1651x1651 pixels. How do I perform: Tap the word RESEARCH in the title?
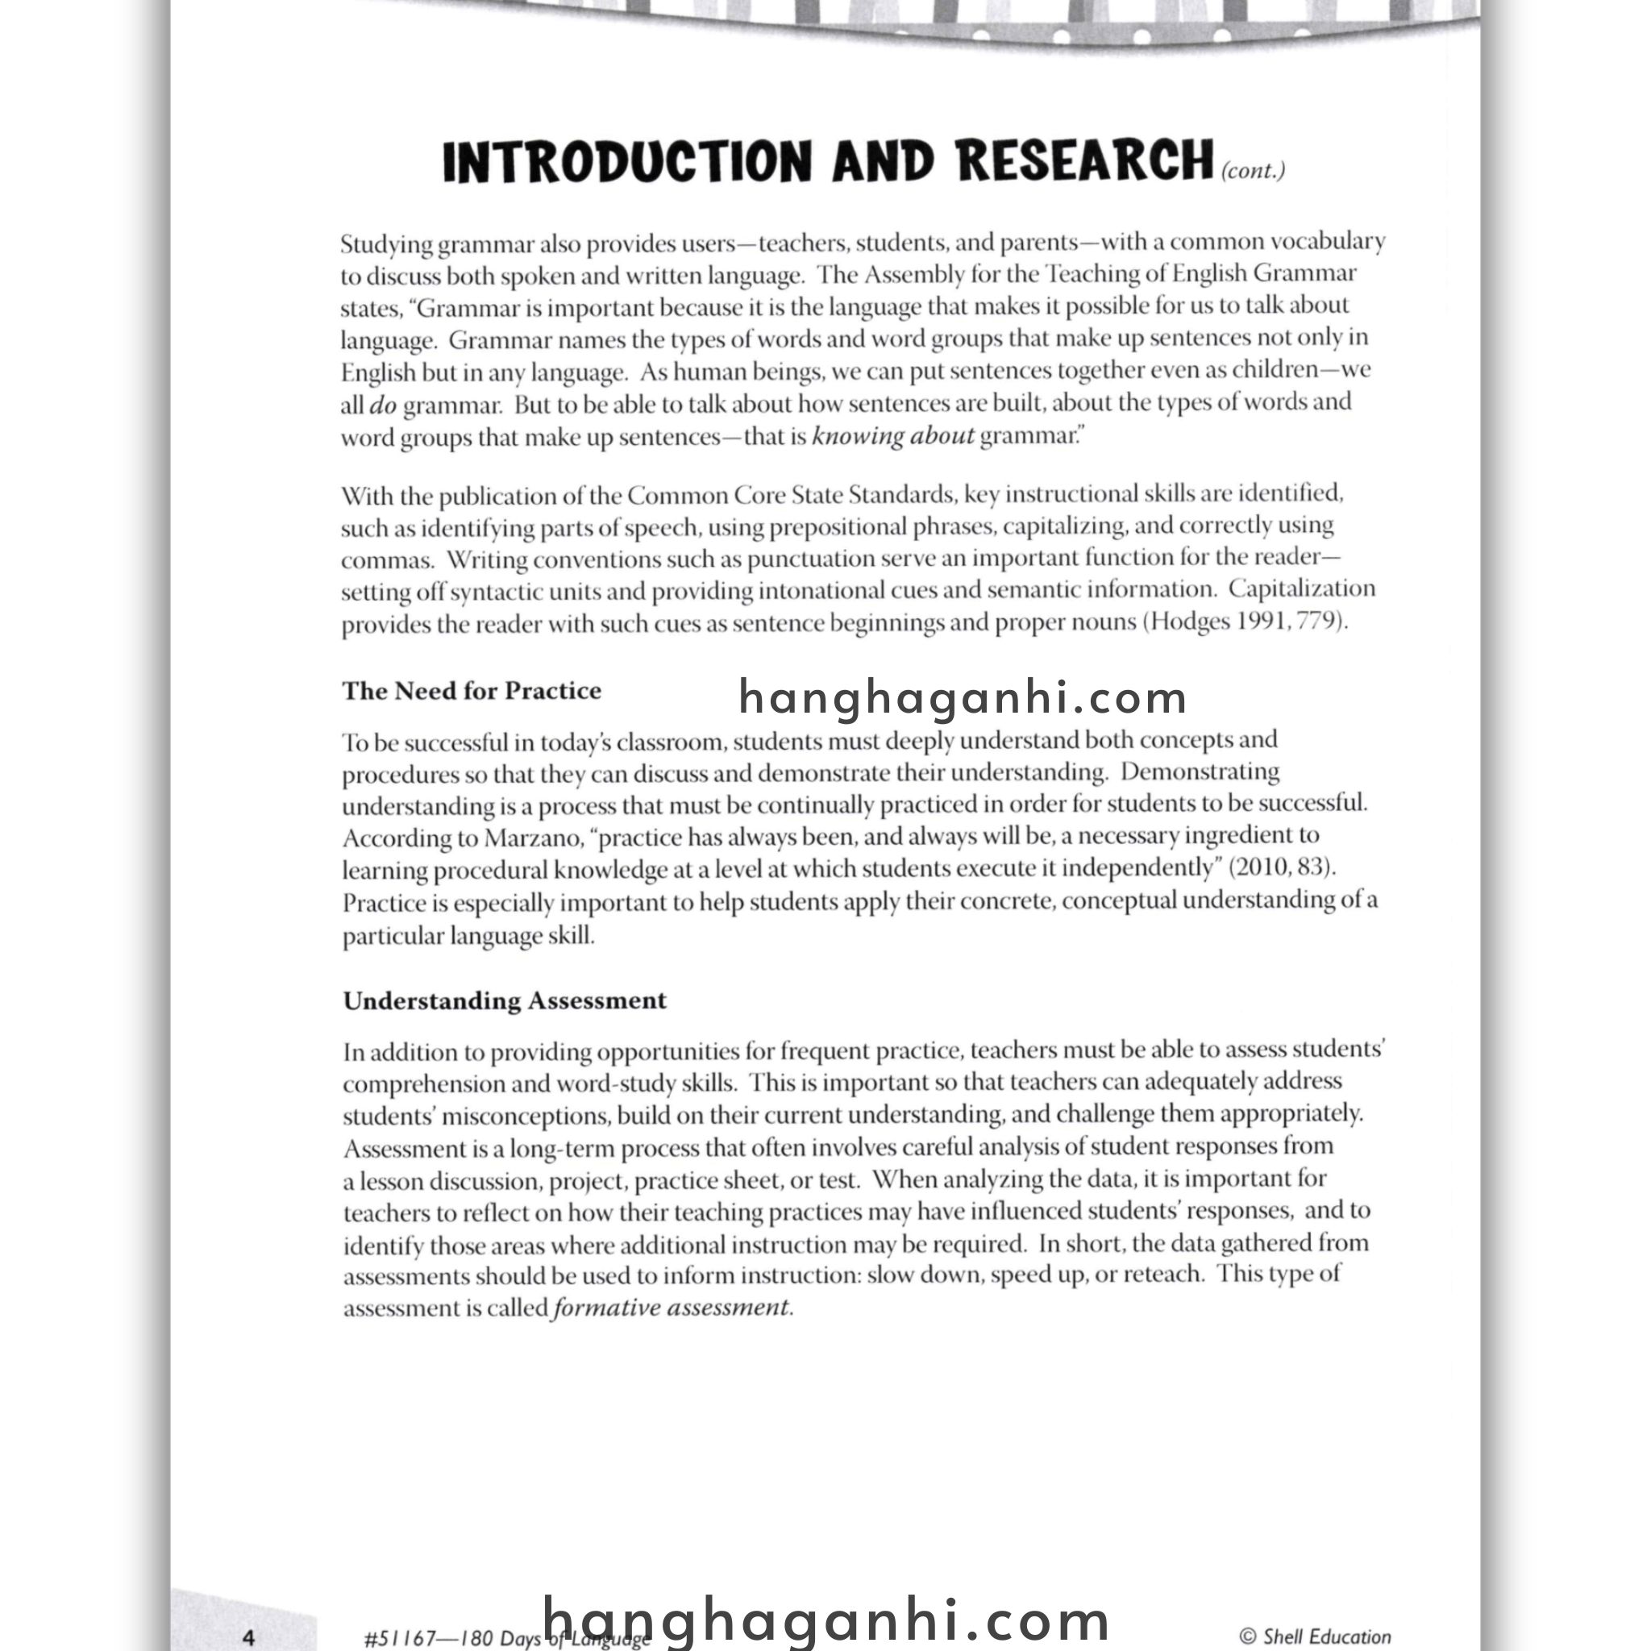pos(1084,160)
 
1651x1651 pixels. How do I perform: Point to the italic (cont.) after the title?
pos(1253,171)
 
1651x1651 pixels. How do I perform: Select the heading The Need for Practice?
pos(472,691)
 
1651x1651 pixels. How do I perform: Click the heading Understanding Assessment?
pos(504,1000)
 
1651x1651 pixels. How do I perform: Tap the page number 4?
pos(248,1637)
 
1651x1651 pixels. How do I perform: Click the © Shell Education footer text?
pos(1315,1636)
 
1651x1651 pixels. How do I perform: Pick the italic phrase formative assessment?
pos(672,1308)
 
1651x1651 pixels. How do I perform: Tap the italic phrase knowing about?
pos(893,437)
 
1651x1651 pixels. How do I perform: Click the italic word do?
pos(383,405)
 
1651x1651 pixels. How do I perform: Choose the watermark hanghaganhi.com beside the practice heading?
pos(963,697)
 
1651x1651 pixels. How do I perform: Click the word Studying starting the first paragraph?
pos(386,244)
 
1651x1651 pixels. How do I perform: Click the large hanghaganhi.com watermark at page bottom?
pos(827,1620)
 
